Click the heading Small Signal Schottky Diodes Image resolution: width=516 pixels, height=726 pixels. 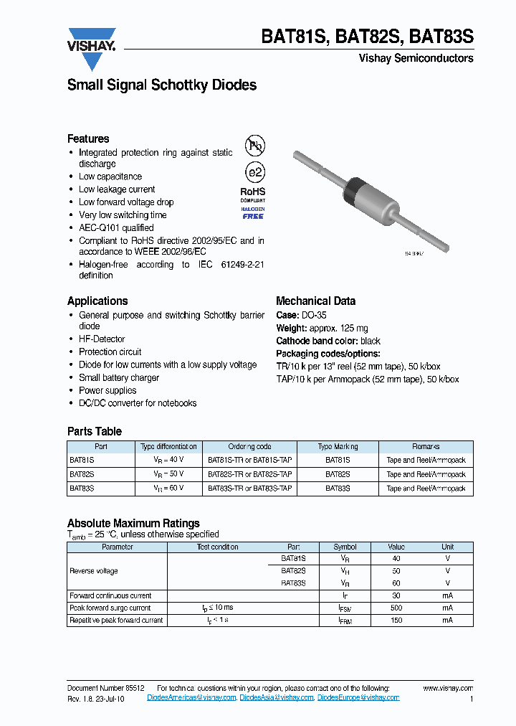(161, 85)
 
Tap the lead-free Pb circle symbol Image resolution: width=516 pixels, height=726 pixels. (254, 146)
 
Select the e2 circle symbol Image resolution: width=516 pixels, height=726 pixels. (254, 173)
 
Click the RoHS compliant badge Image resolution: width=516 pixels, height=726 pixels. (252, 194)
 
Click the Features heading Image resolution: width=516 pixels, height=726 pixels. (88, 139)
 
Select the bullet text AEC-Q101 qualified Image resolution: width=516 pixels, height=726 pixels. (116, 228)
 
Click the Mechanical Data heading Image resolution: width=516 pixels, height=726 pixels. (315, 301)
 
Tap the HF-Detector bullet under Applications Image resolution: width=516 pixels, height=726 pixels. (102, 339)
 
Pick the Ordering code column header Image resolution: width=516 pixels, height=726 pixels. (249, 447)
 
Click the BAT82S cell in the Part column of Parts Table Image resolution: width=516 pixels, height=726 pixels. (82, 474)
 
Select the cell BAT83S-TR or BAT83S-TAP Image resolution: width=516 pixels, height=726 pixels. (249, 488)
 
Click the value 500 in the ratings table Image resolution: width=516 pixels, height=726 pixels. (396, 608)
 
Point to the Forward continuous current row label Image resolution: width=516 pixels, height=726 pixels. (110, 595)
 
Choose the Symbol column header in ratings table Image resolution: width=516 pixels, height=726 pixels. (345, 547)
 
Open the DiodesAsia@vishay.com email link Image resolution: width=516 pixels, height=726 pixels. (277, 697)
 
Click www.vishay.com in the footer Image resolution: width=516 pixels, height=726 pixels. (448, 688)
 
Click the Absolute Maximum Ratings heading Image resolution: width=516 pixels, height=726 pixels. (133, 524)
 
